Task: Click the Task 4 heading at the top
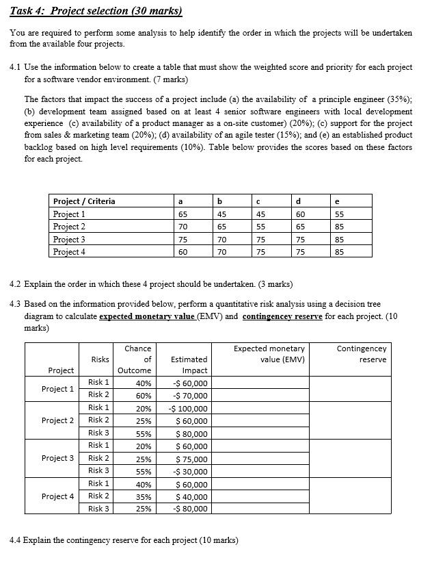tap(96, 11)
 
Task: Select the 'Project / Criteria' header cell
tap(84, 201)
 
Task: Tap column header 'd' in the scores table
tap(299, 201)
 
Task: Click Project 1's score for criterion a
tap(179, 214)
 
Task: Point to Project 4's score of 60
tap(179, 251)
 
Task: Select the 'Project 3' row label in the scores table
tap(69, 239)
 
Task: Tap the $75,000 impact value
tap(192, 458)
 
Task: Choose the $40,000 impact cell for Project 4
tap(192, 496)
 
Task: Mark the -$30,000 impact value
tap(191, 471)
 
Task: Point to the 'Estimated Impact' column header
tap(189, 365)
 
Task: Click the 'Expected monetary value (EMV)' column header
tap(269, 354)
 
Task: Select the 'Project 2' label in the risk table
tap(57, 420)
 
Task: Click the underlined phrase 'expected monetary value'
tap(141, 316)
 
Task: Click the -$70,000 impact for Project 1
tap(191, 395)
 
